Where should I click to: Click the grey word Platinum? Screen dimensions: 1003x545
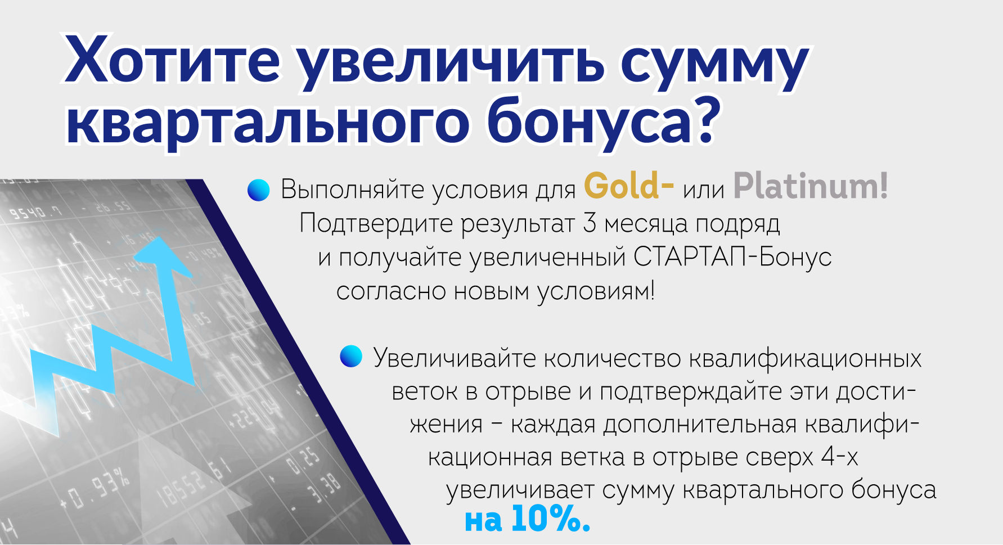tap(811, 186)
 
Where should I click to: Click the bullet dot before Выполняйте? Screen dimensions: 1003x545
tap(259, 190)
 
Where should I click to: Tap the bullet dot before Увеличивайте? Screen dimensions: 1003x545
tap(351, 357)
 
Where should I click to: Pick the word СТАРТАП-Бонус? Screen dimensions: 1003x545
tap(732, 257)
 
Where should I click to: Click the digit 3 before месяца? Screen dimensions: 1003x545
tap(590, 223)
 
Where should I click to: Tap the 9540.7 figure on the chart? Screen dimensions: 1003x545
tap(35, 213)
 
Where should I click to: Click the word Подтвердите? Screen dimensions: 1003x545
tap(376, 223)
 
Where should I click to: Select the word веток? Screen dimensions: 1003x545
tap(425, 391)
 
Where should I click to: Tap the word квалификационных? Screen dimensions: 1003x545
tap(806, 358)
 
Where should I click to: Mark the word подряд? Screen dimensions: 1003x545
tap(738, 224)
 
